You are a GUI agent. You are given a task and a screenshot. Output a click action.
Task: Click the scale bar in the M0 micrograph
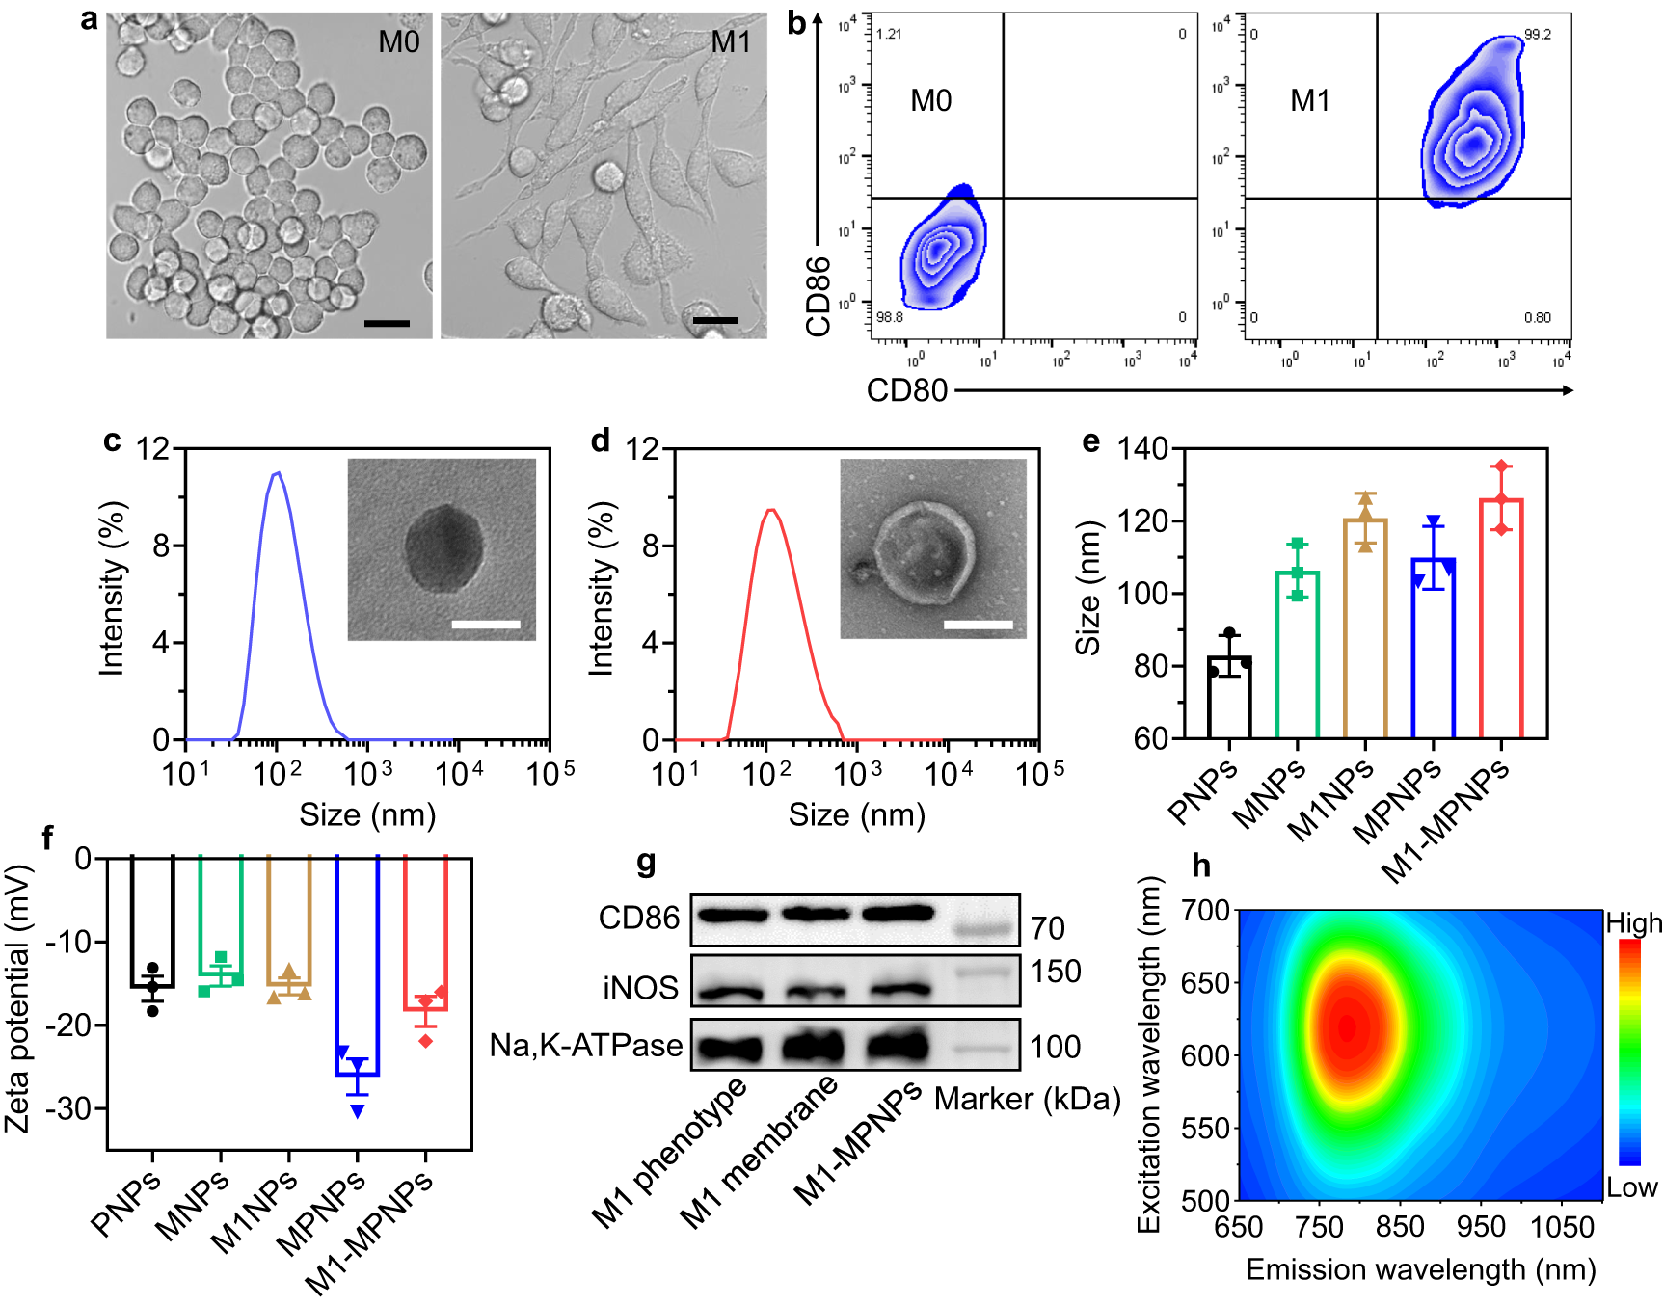tap(387, 324)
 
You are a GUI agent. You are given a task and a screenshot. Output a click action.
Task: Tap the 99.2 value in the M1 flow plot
tap(1538, 35)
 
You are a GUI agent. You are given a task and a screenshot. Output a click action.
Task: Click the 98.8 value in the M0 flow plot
tap(889, 317)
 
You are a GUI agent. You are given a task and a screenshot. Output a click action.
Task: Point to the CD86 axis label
tap(818, 296)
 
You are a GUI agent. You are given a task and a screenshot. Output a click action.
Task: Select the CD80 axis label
tap(906, 390)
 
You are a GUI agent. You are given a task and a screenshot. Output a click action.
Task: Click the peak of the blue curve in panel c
tap(278, 473)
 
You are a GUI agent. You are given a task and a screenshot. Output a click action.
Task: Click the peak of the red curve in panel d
tap(770, 510)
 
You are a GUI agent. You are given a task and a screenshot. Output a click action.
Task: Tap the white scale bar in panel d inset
tap(978, 625)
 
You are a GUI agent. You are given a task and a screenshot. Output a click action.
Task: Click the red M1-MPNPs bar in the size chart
tap(1500, 618)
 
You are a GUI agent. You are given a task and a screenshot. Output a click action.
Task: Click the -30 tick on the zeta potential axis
tap(70, 1108)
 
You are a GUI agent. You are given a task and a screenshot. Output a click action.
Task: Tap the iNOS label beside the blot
tap(640, 988)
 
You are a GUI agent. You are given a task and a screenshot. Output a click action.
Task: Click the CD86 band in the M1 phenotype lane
tap(731, 915)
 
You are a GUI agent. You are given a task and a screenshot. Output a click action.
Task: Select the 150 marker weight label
tap(1055, 972)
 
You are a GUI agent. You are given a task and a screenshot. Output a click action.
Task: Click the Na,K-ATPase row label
tap(585, 1045)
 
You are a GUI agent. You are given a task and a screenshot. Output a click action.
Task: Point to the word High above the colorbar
tap(1633, 923)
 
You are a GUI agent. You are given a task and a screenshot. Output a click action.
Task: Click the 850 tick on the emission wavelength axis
tap(1400, 1227)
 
